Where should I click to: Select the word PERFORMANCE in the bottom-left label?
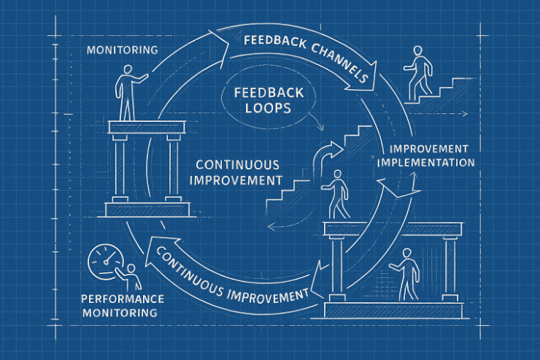pos(123,299)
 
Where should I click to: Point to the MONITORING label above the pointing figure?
pos(122,50)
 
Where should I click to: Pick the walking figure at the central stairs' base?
pos(336,194)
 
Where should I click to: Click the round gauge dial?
pos(103,261)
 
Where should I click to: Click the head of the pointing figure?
pos(128,70)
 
